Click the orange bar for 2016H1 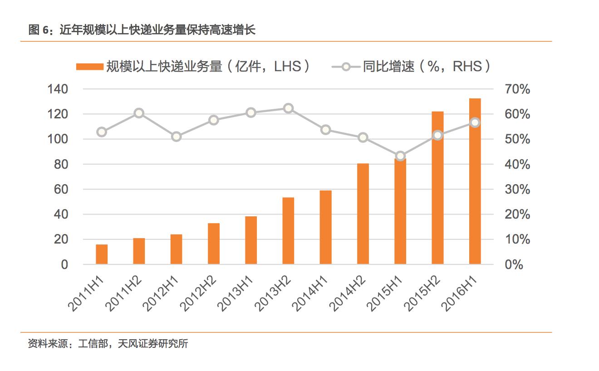click(x=475, y=181)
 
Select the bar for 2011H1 click(x=102, y=254)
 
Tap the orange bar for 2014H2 click(x=363, y=214)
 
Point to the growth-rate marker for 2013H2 click(x=288, y=108)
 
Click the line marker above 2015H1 click(x=400, y=156)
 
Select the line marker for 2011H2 click(x=139, y=113)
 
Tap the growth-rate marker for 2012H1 click(x=177, y=137)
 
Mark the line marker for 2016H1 click(x=475, y=122)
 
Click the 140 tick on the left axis click(x=58, y=89)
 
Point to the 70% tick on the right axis click(x=517, y=89)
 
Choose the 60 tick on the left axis click(x=61, y=189)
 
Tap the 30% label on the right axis click(x=517, y=189)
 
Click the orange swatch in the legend click(x=89, y=67)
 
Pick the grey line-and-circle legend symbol click(x=346, y=67)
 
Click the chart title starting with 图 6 click(x=142, y=30)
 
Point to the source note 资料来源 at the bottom click(x=108, y=344)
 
